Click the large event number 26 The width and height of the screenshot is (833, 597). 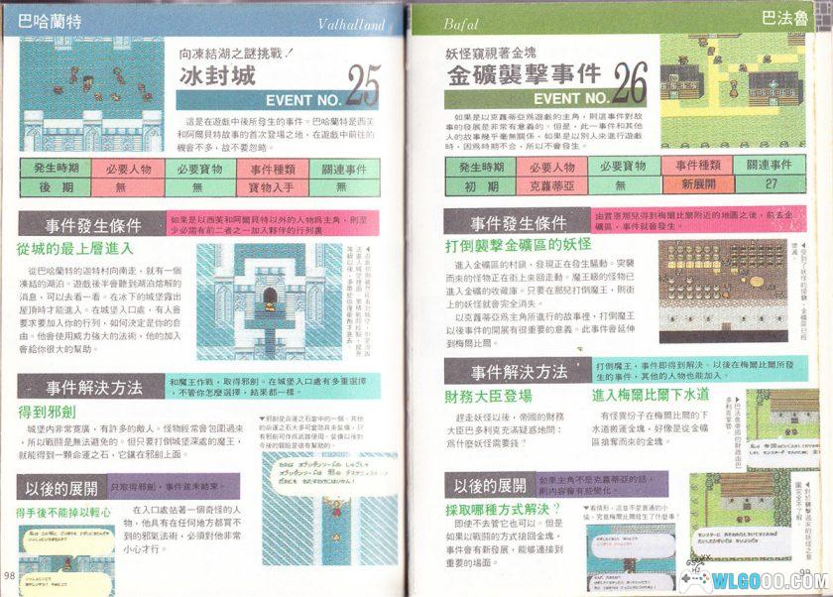(629, 86)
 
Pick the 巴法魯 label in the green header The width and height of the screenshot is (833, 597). (781, 18)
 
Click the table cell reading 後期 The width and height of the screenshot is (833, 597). (55, 185)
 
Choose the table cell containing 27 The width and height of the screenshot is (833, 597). (772, 183)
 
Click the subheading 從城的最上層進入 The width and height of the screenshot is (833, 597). (74, 248)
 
